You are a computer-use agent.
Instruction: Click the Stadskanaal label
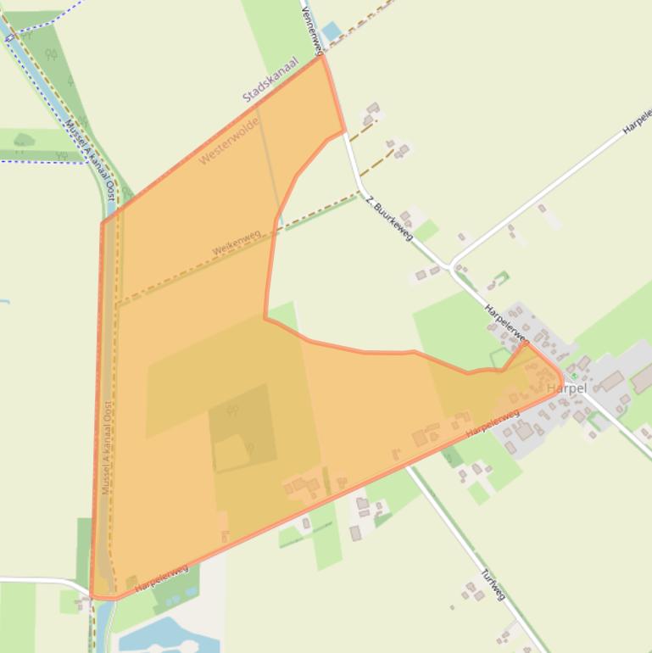click(x=270, y=80)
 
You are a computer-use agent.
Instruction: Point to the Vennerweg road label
click(x=311, y=28)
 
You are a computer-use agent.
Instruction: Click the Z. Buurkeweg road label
click(x=389, y=216)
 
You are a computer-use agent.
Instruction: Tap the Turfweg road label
click(x=493, y=584)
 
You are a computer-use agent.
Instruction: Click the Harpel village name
click(x=566, y=388)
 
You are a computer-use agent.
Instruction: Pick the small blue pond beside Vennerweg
click(x=332, y=32)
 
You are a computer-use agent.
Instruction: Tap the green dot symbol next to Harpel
click(x=574, y=375)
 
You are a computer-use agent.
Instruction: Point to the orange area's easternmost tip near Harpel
click(x=561, y=378)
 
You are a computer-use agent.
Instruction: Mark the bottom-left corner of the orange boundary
click(x=93, y=596)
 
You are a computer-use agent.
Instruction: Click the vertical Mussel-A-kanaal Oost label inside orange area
click(x=107, y=448)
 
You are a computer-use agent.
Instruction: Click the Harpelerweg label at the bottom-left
click(x=161, y=578)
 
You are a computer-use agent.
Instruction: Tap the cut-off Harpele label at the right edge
click(x=637, y=121)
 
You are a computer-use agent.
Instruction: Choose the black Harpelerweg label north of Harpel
click(x=506, y=322)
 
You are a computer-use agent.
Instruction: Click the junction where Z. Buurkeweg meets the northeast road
click(x=450, y=266)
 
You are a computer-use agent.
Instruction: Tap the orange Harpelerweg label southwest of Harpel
click(x=493, y=423)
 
